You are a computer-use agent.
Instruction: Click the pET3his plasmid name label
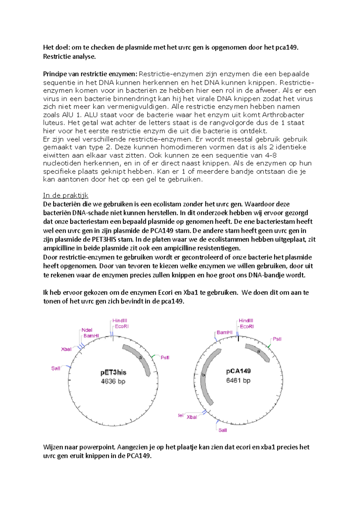(x=113, y=373)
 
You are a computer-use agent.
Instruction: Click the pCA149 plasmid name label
(x=238, y=371)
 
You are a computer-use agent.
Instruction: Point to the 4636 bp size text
(x=113, y=382)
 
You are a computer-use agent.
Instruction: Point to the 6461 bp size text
(x=238, y=380)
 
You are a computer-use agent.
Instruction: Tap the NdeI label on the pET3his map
(x=87, y=330)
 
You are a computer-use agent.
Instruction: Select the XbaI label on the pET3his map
(x=66, y=349)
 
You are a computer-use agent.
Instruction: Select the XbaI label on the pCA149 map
(x=192, y=417)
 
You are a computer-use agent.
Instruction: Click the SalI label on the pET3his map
(x=56, y=368)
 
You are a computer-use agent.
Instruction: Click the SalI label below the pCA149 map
(x=223, y=430)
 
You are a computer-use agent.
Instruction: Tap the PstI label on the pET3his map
(x=165, y=358)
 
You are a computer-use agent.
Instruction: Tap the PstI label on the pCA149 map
(x=277, y=339)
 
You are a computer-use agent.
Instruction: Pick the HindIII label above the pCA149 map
(x=246, y=321)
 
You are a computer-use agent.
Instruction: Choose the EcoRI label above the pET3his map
(x=122, y=326)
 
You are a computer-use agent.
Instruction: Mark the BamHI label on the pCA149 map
(x=225, y=332)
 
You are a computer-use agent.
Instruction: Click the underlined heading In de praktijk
(x=66, y=195)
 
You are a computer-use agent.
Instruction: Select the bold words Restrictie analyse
(x=69, y=57)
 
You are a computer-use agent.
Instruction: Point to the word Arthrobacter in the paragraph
(x=283, y=115)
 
